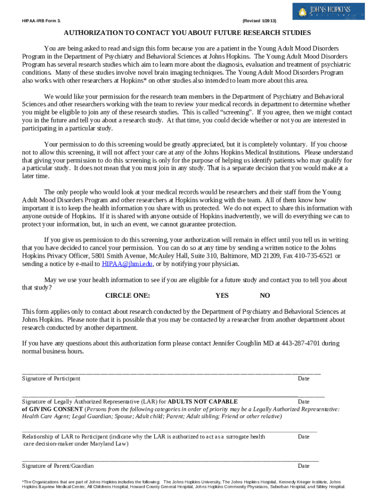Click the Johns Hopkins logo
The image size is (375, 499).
coord(328,11)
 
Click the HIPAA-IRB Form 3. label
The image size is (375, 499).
coord(41,21)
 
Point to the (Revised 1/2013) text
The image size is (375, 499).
coord(259,21)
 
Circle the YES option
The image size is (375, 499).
coord(222,295)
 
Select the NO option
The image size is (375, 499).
coord(264,295)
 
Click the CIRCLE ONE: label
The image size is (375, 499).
coord(128,295)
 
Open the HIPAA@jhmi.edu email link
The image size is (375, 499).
coord(127,264)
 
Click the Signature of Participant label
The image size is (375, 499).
coord(51,379)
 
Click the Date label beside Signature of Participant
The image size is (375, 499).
coord(303,379)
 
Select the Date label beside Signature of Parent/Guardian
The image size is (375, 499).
coord(303,466)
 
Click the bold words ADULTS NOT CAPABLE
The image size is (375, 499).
coord(203,402)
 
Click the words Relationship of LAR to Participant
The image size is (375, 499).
coord(65,437)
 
